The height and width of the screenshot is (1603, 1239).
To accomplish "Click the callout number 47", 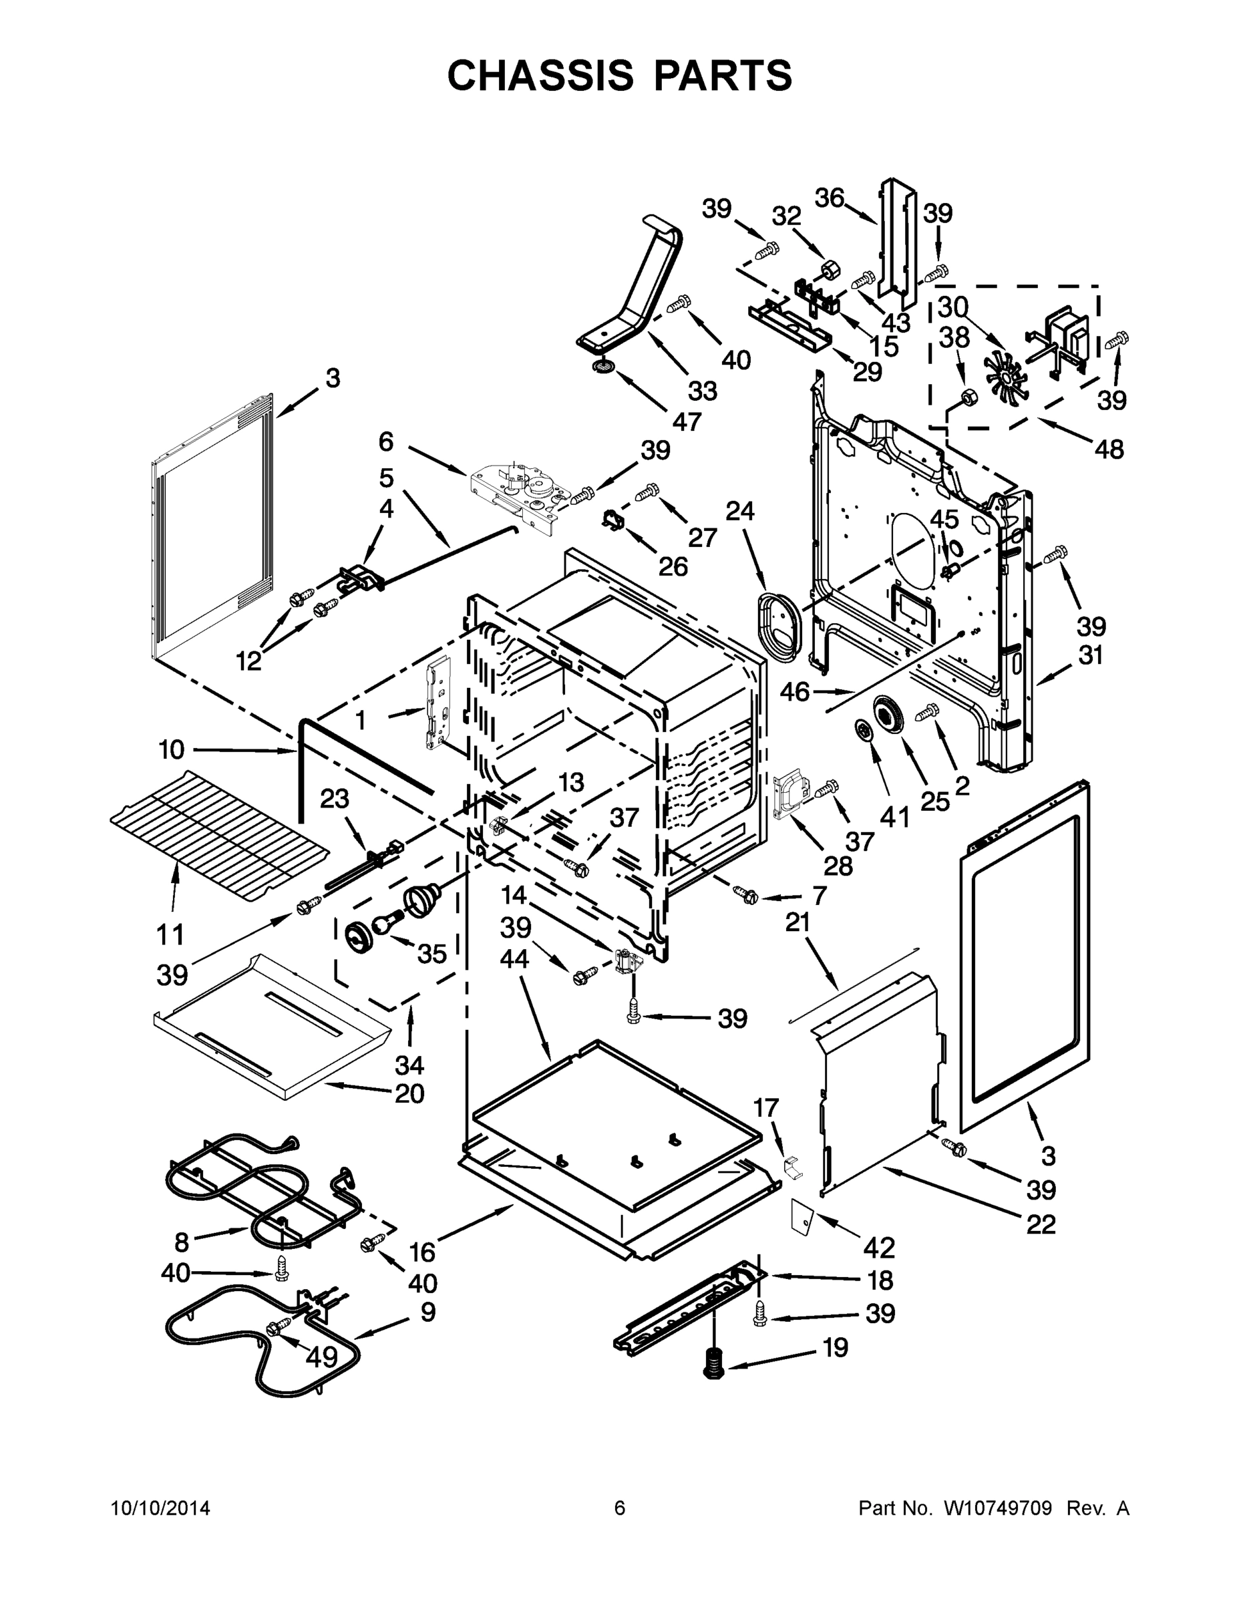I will [x=687, y=421].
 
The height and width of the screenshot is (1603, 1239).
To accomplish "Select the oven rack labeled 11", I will [x=218, y=836].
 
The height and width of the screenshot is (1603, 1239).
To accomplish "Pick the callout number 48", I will [x=1109, y=450].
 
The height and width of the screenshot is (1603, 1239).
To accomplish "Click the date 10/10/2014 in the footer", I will [x=160, y=1508].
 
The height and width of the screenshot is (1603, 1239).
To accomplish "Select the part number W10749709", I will [x=999, y=1508].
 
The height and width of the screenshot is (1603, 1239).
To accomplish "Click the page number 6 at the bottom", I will [x=620, y=1508].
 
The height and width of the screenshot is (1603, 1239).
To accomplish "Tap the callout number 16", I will [x=422, y=1252].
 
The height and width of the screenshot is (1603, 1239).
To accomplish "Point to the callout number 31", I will [x=1091, y=655].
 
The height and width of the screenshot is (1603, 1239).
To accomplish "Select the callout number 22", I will [x=1040, y=1224].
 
